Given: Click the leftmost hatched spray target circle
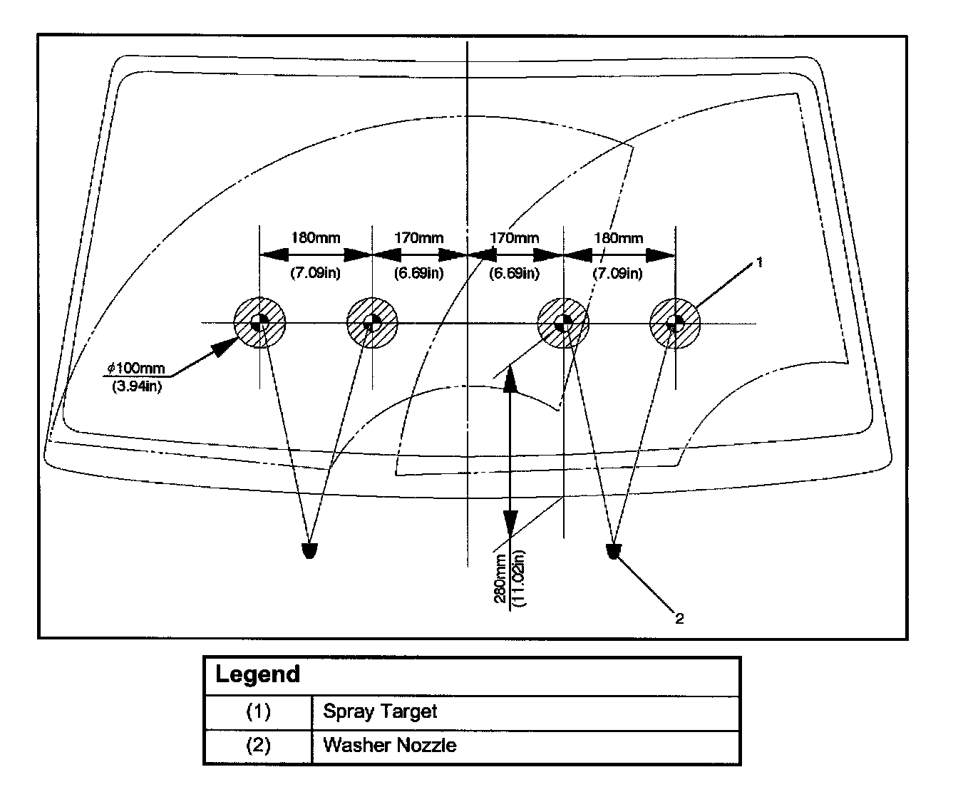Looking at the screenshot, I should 260,322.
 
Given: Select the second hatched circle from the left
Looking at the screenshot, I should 371,322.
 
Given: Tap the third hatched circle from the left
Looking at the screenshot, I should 563,322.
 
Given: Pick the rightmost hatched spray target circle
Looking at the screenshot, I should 674,322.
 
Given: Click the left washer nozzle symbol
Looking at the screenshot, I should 309,550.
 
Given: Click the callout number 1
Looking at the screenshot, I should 759,262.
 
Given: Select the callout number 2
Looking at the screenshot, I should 679,619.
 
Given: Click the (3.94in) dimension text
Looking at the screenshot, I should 136,387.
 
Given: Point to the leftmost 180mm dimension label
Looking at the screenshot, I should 315,237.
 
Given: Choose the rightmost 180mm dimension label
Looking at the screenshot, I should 618,237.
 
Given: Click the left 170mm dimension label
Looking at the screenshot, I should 418,237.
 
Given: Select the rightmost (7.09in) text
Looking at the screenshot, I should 618,273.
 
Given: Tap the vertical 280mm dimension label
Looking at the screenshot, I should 500,578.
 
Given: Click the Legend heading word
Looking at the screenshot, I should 257,674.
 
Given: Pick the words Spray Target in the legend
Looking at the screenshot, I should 380,711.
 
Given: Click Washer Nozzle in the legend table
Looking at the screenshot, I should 389,746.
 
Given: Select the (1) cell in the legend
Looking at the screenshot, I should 258,711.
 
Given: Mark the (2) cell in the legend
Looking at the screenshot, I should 258,746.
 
